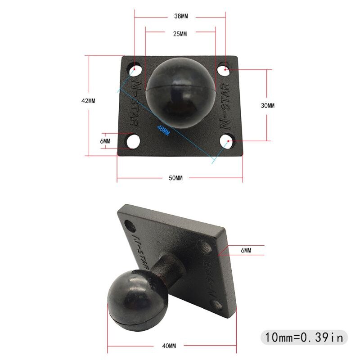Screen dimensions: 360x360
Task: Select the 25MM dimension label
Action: pos(180,34)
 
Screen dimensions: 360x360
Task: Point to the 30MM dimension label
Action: pos(267,105)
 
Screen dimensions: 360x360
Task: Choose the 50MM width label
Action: pos(175,178)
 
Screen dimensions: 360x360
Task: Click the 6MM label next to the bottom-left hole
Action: pos(105,141)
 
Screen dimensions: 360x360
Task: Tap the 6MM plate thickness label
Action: pos(246,250)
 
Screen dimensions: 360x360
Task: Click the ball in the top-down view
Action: pos(181,92)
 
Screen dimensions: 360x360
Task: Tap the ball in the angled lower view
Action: pos(135,298)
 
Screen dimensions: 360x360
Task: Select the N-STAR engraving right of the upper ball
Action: pos(226,104)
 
